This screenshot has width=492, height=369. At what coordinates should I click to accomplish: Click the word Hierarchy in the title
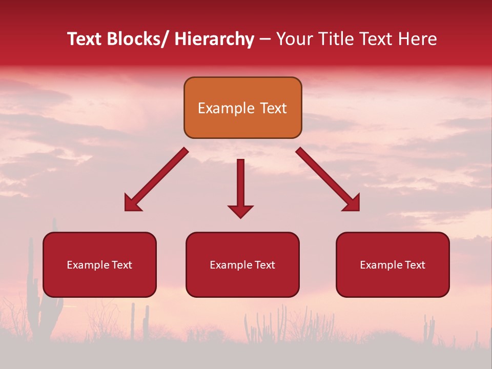[x=214, y=39]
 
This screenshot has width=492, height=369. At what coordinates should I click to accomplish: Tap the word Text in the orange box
[x=273, y=108]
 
